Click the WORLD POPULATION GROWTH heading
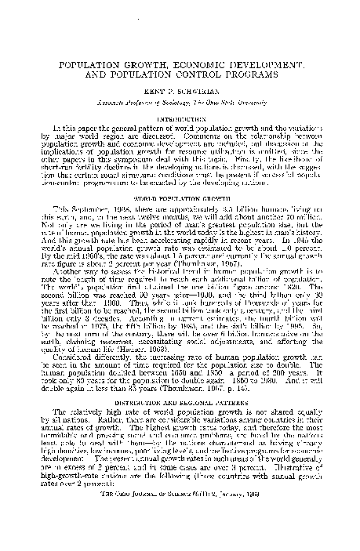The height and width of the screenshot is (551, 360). (x=180, y=189)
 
